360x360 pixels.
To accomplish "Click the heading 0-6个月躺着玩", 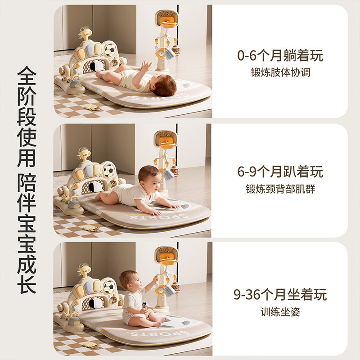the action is coord(280,55).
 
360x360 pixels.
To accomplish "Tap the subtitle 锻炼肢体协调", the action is coord(280,72).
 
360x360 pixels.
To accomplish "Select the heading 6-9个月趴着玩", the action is coord(280,172).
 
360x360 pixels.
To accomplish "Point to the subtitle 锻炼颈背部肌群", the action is coord(280,189).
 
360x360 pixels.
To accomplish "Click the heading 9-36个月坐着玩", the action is coord(280,295).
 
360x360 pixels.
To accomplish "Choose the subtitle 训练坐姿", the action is coord(280,312).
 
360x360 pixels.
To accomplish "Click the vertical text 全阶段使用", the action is coord(27,117).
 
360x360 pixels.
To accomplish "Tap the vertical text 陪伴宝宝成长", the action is coord(27,233).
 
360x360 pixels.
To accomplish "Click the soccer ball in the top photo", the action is coord(110,50).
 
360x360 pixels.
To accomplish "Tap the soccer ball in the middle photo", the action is coord(108,171).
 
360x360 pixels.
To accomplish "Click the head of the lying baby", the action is coord(164,85).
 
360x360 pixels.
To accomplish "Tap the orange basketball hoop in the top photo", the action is coord(170,22).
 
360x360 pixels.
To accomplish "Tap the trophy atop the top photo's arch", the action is coord(85,33).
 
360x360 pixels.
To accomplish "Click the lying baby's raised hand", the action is coord(146,65).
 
